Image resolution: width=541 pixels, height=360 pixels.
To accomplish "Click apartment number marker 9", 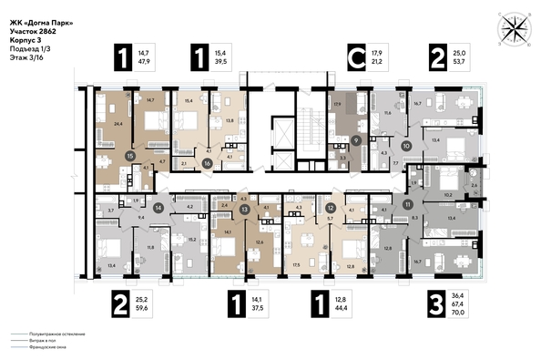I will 357,139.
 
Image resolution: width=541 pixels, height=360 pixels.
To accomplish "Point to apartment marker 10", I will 406,145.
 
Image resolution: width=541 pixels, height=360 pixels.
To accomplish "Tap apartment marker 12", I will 331,209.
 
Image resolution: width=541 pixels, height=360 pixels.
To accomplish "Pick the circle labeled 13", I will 244,209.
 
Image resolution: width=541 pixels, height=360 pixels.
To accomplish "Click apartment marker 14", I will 158,208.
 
